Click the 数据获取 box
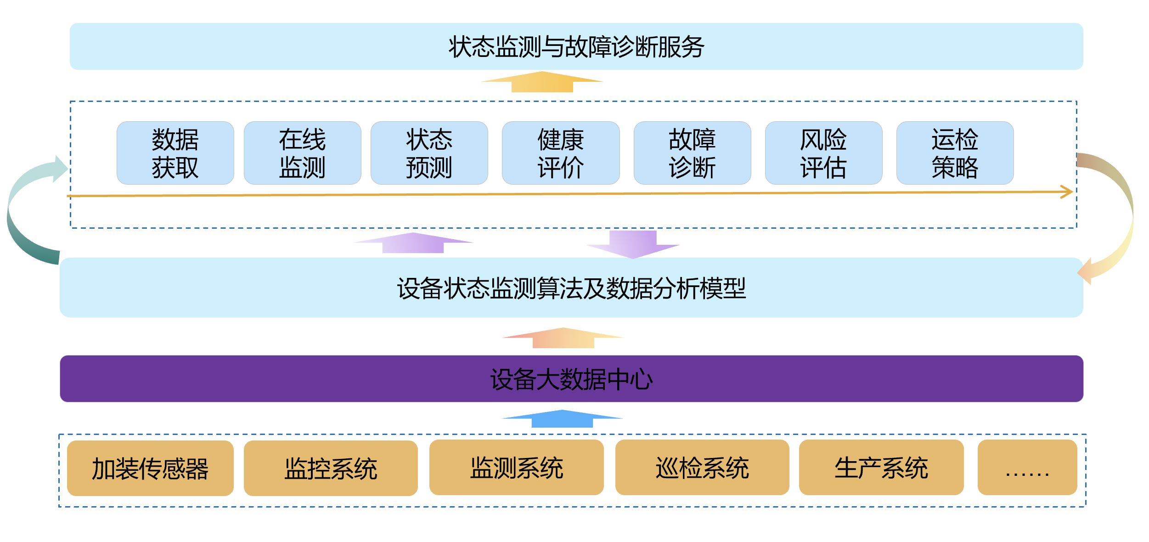175,153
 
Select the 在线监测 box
302,153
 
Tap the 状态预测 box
429,153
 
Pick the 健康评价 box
560,153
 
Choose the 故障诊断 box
692,153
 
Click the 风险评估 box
823,153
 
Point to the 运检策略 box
955,153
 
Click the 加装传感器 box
150,468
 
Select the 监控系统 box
331,468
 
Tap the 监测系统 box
516,468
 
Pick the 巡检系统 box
702,468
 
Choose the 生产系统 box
881,468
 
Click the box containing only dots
1027,468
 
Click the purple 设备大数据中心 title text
571,379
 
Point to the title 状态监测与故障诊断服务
576,46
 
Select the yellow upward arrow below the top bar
542,82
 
